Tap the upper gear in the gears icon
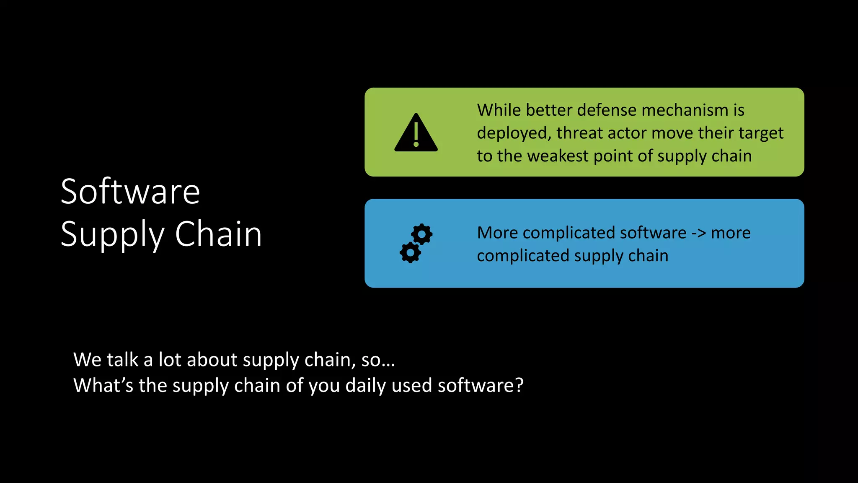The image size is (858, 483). coord(421,234)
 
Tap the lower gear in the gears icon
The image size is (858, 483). coord(410,252)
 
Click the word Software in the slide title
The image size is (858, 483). coord(130,192)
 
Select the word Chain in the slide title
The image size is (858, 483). coord(218,234)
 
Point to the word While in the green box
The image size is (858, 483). coord(498,110)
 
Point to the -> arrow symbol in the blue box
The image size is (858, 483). coord(698,233)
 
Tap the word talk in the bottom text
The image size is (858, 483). coord(122,360)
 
